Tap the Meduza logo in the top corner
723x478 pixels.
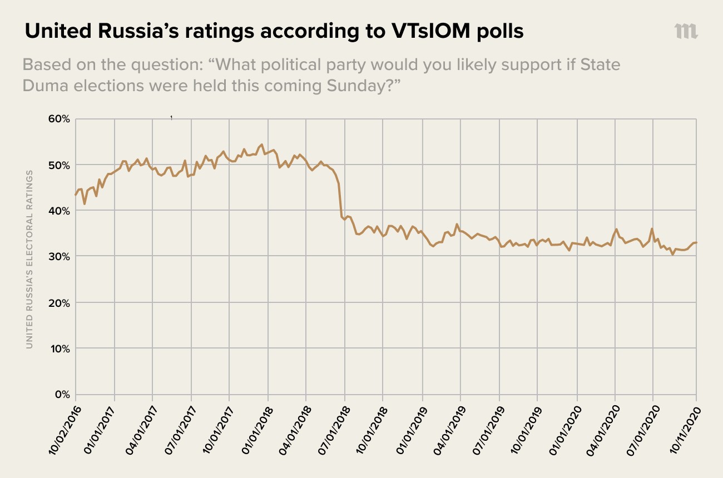pyautogui.click(x=686, y=31)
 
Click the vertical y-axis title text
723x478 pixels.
pyautogui.click(x=29, y=260)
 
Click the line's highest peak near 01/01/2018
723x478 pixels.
pyautogui.click(x=262, y=145)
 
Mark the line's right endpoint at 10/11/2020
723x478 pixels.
pyautogui.click(x=696, y=242)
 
